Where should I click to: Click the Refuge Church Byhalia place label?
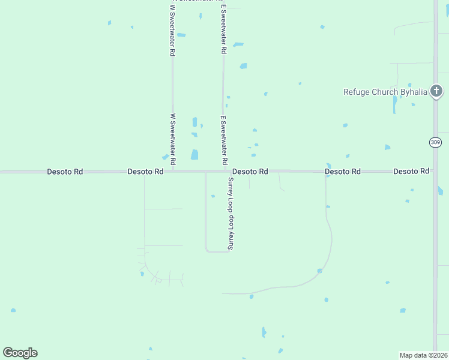click(x=385, y=92)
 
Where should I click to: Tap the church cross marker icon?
click(x=436, y=91)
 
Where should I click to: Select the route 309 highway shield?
click(x=435, y=142)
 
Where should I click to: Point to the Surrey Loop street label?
click(x=229, y=213)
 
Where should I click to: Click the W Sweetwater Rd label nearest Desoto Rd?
click(x=173, y=140)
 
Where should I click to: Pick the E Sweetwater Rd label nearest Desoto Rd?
click(x=224, y=140)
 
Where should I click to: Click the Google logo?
click(x=20, y=353)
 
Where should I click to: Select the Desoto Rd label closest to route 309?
click(x=411, y=172)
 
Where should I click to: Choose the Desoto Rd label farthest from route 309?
click(x=65, y=172)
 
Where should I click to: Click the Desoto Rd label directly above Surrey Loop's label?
click(x=250, y=172)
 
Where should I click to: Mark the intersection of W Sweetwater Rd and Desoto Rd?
click(x=173, y=172)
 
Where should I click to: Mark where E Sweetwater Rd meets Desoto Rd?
click(x=224, y=172)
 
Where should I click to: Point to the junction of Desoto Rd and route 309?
click(x=435, y=172)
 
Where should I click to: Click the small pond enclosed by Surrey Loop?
click(x=213, y=196)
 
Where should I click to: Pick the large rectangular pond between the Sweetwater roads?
click(x=194, y=155)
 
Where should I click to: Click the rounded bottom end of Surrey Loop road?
click(x=217, y=252)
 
